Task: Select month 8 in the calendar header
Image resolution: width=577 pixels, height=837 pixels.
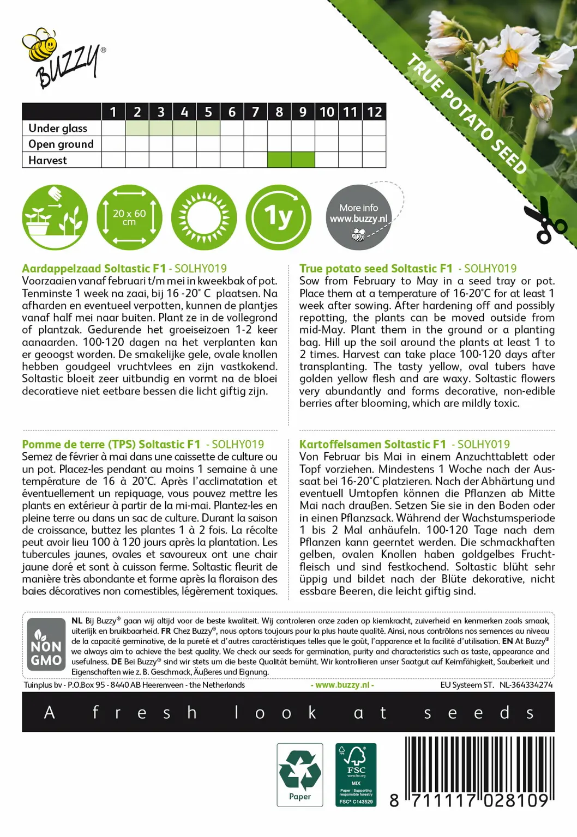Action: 279,112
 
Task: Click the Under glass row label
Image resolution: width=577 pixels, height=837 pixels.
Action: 58,128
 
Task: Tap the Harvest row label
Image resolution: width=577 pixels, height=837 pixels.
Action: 48,160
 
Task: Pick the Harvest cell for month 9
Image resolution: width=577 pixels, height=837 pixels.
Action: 303,160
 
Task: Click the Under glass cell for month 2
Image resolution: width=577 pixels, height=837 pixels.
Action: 137,128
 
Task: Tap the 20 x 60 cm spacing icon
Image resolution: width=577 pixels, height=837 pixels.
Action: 129,217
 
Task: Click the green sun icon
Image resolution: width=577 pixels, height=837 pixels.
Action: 204,217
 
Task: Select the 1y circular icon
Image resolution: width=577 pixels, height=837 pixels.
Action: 279,217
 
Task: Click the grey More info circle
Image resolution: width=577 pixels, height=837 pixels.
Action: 358,217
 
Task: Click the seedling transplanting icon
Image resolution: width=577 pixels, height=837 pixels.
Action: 55,217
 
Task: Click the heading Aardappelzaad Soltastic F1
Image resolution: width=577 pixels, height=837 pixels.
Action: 94,269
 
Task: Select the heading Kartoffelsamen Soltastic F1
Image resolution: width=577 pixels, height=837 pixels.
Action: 372,445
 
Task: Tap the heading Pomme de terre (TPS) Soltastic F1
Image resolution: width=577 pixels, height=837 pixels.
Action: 111,445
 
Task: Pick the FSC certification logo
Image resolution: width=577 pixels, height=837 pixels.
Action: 356,774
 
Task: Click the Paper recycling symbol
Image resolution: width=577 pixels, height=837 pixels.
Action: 300,774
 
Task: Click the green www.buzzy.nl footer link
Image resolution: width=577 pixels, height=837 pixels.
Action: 342,685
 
